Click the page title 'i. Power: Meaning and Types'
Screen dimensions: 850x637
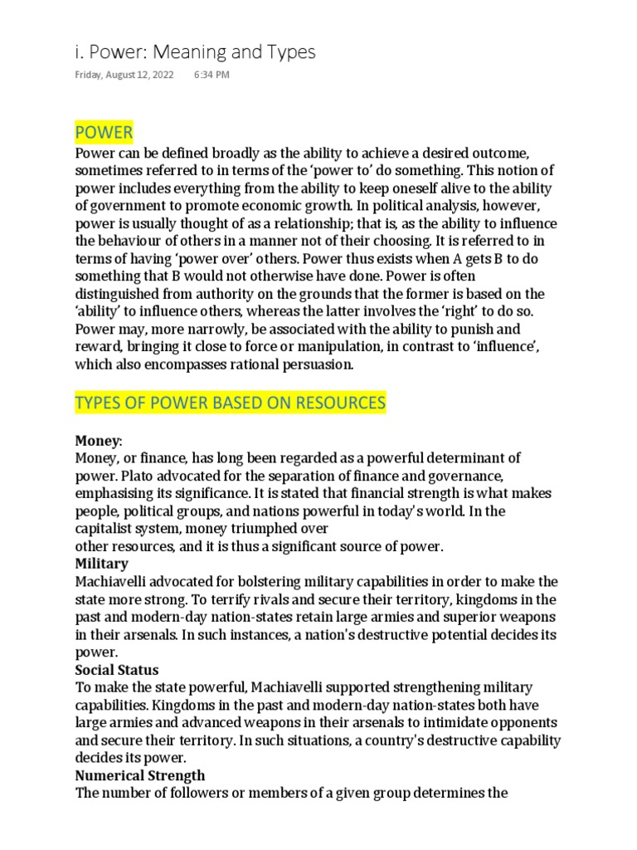click(x=195, y=52)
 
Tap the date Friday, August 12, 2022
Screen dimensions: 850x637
click(x=124, y=75)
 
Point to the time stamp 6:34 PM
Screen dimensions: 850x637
click(x=212, y=75)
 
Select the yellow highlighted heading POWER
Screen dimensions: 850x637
click(x=104, y=133)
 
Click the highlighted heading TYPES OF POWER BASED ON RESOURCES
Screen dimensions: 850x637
click(x=231, y=403)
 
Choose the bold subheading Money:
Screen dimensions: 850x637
click(x=98, y=440)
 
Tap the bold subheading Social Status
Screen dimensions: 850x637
click(x=117, y=670)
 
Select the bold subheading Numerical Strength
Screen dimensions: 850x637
click(x=140, y=776)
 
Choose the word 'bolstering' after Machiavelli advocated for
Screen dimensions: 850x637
click(x=279, y=582)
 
